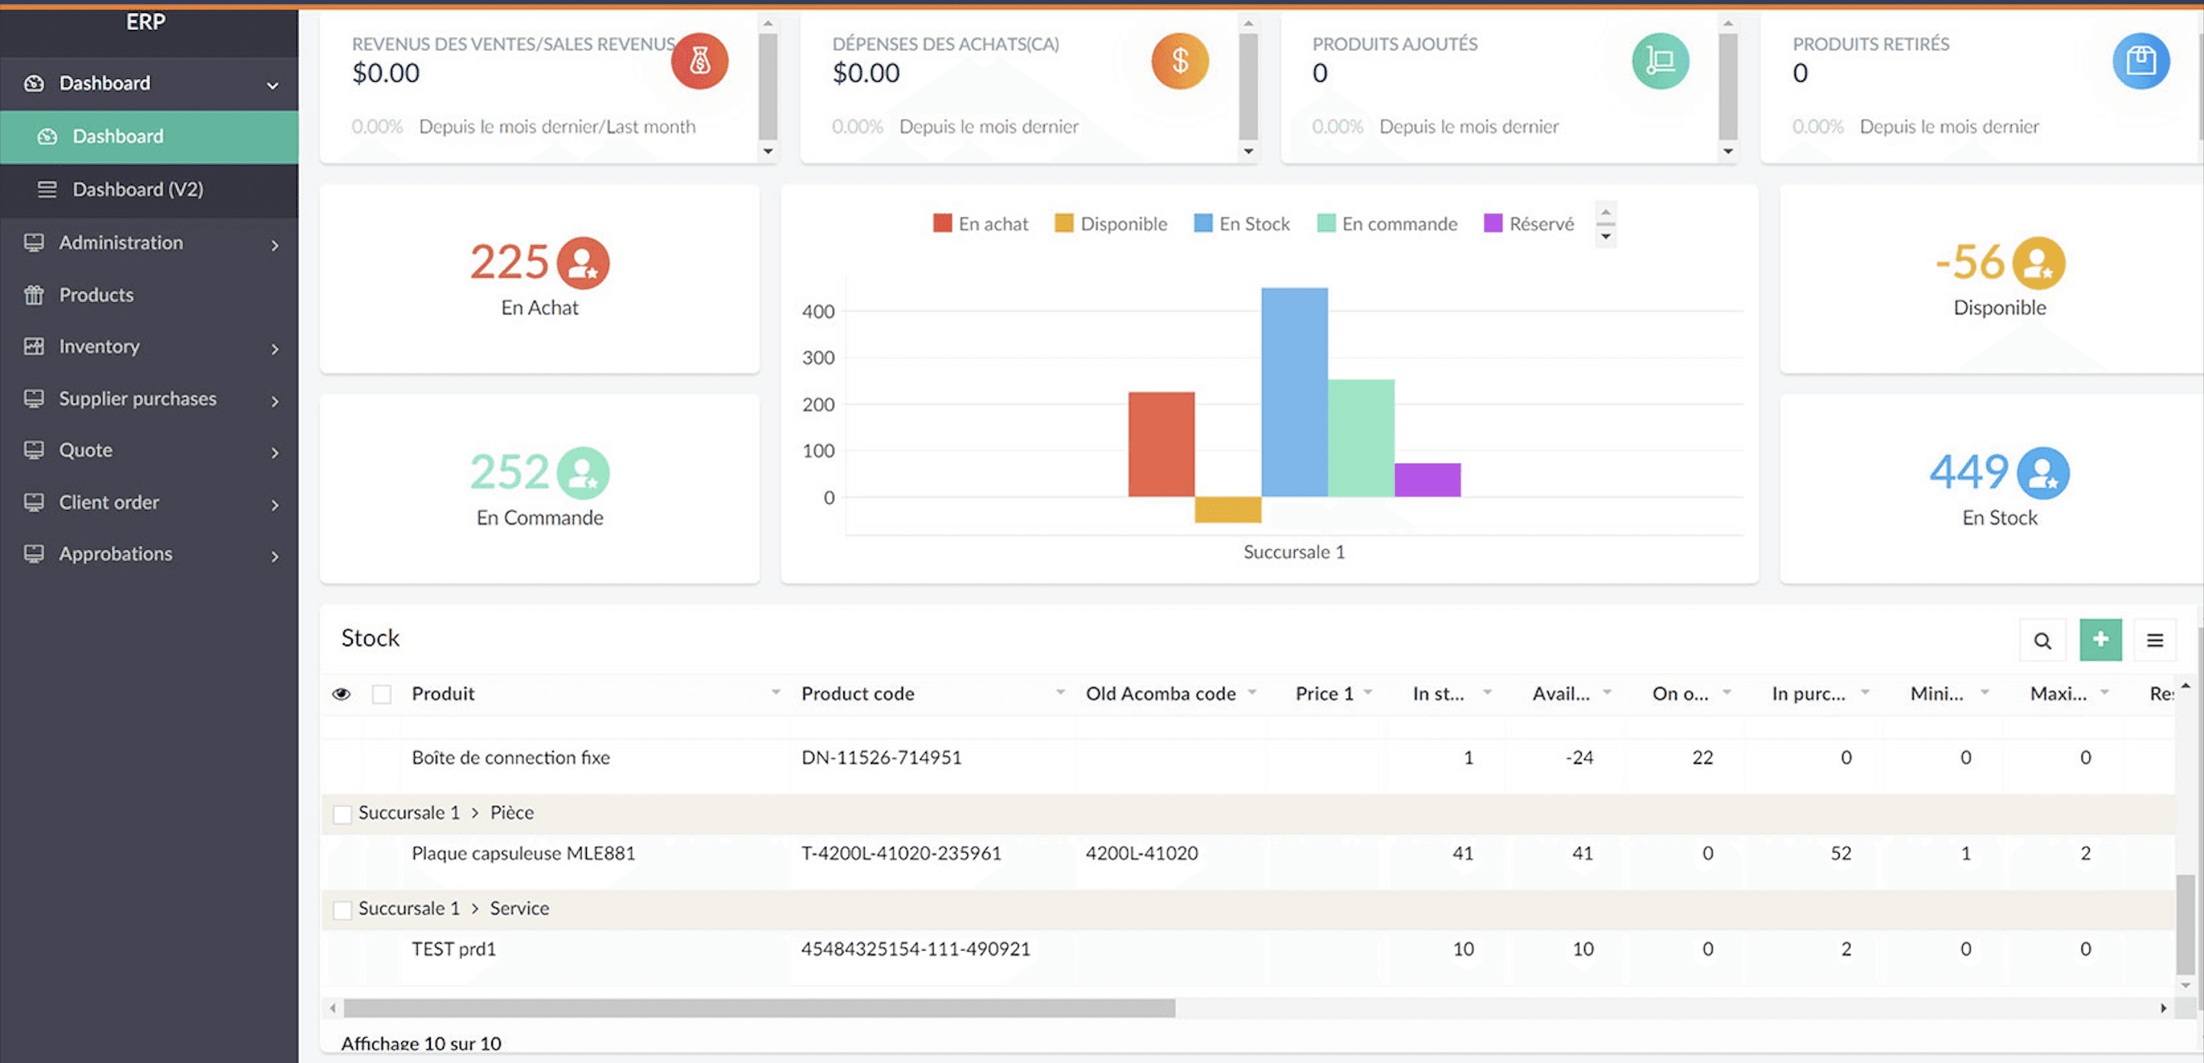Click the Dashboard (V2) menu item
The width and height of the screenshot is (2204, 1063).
137,189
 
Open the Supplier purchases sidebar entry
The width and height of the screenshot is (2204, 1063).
137,398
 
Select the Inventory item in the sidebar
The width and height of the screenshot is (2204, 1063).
99,346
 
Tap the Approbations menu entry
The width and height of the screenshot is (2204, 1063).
115,554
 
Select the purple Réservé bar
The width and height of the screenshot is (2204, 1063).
1427,479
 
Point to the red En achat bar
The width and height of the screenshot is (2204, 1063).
1160,444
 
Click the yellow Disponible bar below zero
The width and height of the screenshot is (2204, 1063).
1227,509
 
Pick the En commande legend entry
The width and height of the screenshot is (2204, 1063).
1398,224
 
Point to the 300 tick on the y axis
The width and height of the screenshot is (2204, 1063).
817,357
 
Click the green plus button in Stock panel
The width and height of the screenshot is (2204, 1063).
2100,639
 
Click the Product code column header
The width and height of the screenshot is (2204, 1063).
857,694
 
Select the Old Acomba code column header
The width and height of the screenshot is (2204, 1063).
1159,694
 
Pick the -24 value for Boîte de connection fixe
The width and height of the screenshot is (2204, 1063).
1579,758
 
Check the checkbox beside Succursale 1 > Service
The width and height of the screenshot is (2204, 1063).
342,910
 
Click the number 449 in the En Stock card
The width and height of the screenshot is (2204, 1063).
1968,471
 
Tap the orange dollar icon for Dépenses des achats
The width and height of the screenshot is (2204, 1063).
1179,60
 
